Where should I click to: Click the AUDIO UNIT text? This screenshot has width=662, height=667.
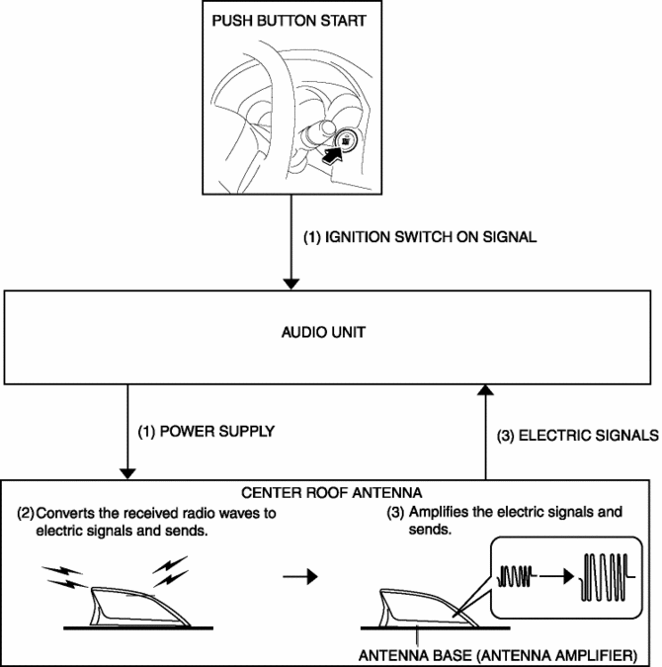pos(331,333)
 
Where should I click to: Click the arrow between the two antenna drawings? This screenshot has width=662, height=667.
pos(294,574)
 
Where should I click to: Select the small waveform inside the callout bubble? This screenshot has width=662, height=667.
pos(520,571)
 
